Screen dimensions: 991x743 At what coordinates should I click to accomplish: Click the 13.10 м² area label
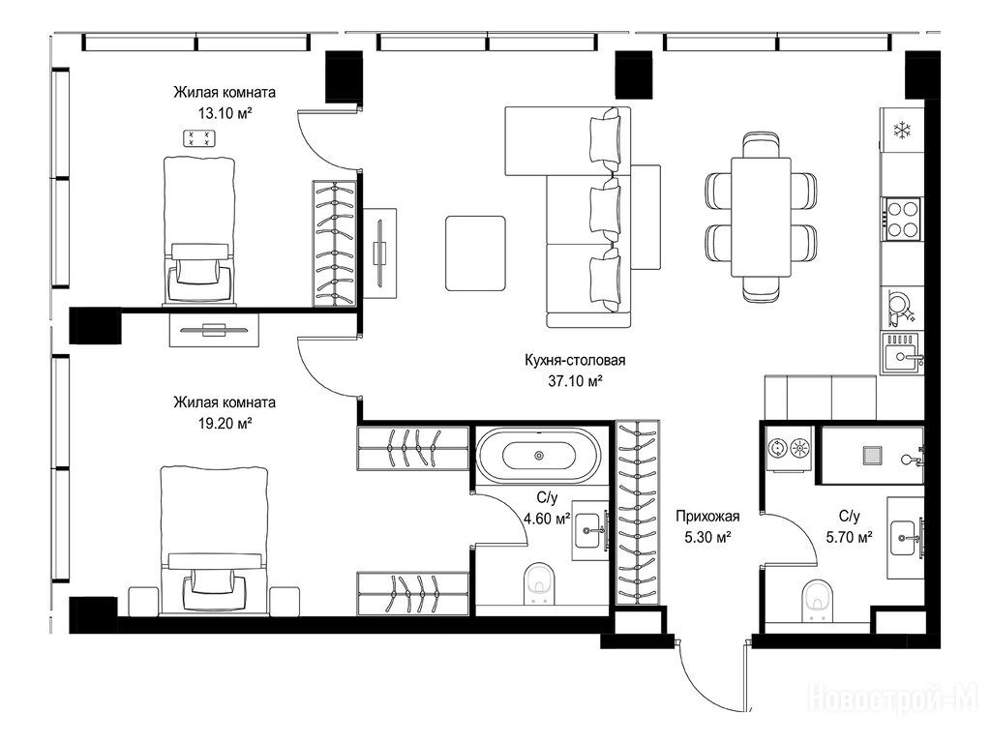[x=225, y=114]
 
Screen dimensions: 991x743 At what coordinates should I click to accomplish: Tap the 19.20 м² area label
[x=225, y=424]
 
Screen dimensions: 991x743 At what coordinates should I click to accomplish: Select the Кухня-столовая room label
[x=575, y=360]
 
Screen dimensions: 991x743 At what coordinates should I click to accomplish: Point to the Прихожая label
[x=707, y=517]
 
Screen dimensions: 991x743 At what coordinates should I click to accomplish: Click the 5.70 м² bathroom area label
[x=849, y=538]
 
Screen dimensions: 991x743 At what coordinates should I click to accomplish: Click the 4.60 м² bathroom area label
[x=547, y=520]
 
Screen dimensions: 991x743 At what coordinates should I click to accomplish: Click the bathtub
[x=538, y=455]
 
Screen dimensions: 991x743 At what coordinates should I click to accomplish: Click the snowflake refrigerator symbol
[x=902, y=131]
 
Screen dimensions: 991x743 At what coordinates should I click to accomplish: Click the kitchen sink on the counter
[x=903, y=353]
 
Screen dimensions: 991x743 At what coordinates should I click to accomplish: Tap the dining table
[x=761, y=216]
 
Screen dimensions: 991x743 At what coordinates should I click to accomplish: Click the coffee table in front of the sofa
[x=475, y=253]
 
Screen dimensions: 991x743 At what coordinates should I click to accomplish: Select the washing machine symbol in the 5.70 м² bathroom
[x=788, y=449]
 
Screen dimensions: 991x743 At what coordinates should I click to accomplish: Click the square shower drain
[x=874, y=455]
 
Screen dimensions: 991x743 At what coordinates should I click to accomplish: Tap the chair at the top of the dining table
[x=761, y=144]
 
